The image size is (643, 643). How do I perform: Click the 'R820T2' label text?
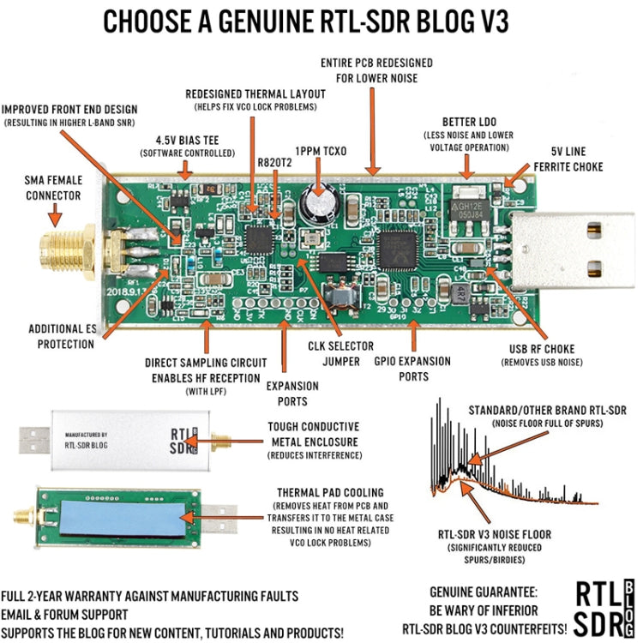[x=274, y=160]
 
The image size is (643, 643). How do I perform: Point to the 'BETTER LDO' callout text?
[x=470, y=121]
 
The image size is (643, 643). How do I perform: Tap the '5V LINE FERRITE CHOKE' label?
[x=568, y=159]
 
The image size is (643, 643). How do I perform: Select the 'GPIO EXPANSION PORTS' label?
[x=412, y=368]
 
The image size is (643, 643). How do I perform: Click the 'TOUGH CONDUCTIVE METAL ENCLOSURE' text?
[x=313, y=433]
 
